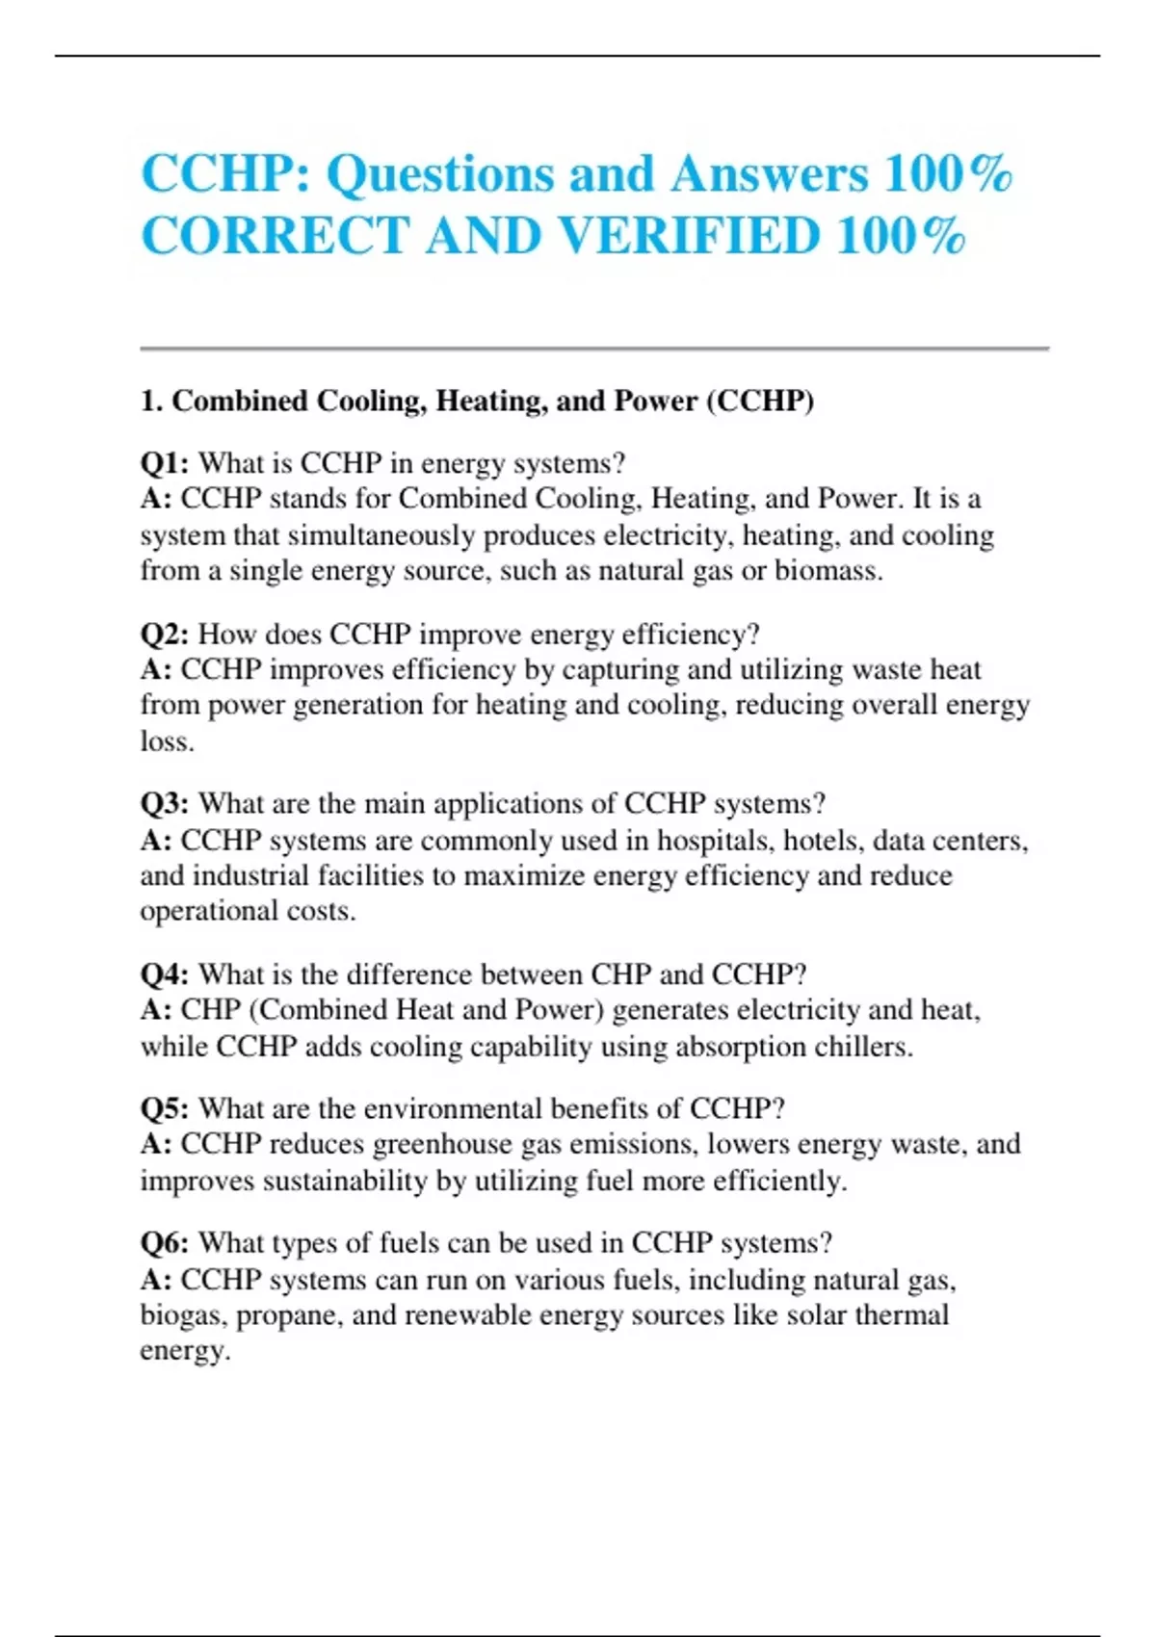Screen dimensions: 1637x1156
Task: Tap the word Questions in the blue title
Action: pos(439,174)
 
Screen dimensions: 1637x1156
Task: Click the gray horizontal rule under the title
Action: pos(594,349)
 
